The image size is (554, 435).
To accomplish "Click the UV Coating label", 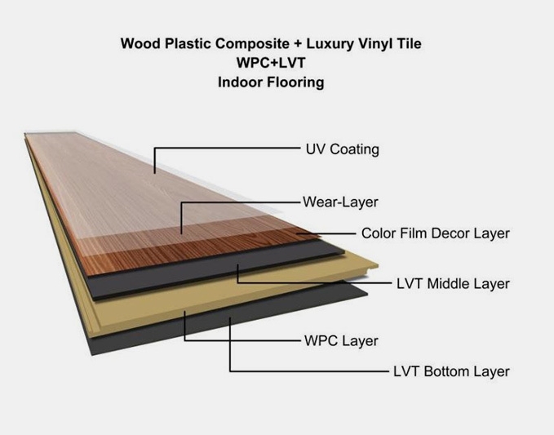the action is (343, 149).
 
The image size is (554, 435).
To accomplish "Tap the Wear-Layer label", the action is (340, 202).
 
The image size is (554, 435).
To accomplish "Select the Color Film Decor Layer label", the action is (436, 233).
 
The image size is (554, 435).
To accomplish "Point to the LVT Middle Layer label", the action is (453, 284).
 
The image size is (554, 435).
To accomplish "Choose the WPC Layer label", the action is (341, 341).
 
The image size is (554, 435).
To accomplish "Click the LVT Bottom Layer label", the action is (451, 371).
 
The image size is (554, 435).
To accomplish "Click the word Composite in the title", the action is (252, 44).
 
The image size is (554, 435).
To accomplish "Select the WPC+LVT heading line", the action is (271, 63).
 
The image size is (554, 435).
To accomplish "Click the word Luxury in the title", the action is (330, 44).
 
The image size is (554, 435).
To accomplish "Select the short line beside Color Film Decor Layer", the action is (326, 233).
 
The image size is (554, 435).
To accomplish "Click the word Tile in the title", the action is (410, 44).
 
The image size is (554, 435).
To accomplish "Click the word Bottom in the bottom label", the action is (446, 371).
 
